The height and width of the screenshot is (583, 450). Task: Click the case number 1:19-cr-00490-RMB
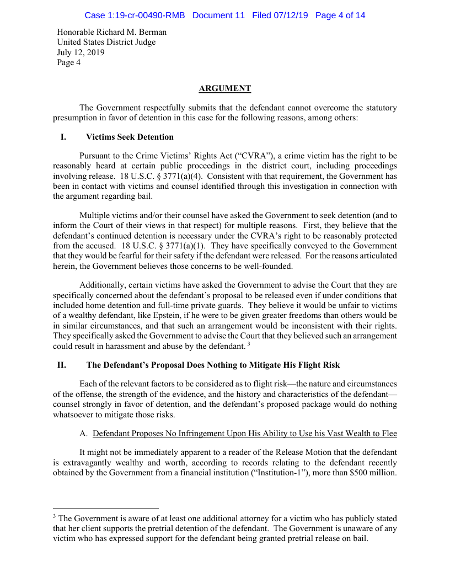[x=135, y=15]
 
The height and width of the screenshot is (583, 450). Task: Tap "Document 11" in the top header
[x=218, y=15]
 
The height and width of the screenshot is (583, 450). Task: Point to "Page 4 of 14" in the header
[x=340, y=15]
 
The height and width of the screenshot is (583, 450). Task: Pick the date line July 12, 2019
[x=81, y=52]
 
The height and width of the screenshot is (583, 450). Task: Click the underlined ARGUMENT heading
[x=224, y=88]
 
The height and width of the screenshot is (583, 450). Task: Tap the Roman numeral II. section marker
[x=62, y=365]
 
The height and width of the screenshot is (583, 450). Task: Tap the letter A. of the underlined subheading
[x=84, y=434]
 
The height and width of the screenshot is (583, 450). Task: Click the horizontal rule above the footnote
[x=106, y=508]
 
